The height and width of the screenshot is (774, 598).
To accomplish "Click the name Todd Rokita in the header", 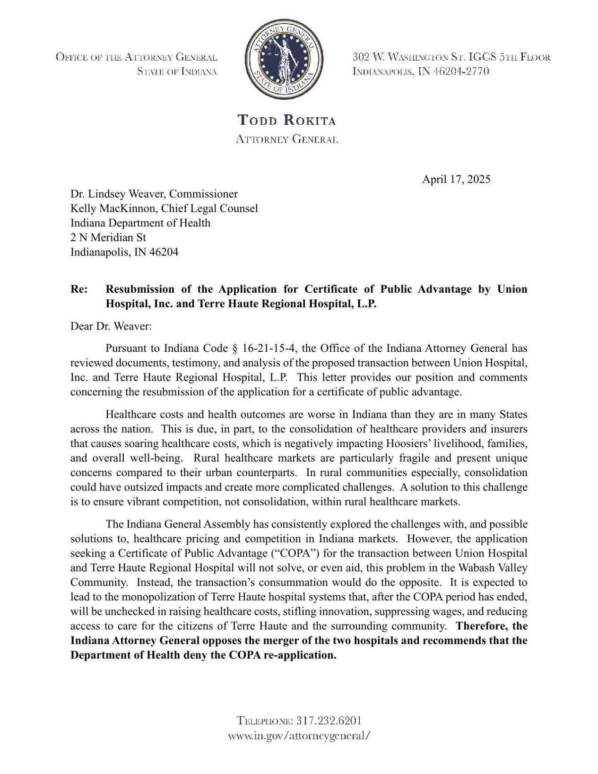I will pos(286,120).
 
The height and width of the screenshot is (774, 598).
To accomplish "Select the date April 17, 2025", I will pos(456,179).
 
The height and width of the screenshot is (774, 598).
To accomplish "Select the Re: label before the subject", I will pos(79,289).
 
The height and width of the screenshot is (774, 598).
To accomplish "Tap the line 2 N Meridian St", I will pos(108,237).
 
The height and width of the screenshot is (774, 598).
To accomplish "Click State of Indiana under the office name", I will pos(177,72).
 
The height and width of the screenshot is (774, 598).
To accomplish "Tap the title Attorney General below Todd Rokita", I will pos(286,139).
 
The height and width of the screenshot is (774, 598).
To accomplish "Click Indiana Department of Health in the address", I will pos(140,223).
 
